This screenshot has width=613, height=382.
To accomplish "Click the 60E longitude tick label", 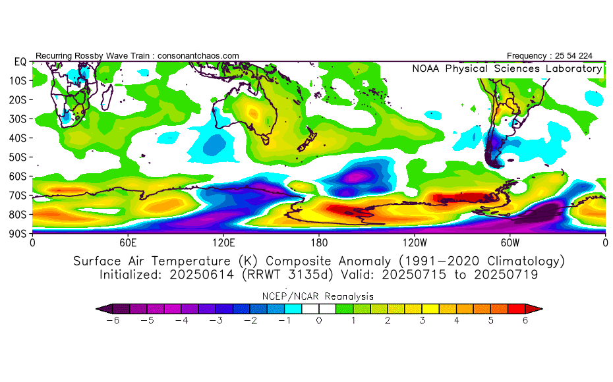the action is click(x=128, y=243).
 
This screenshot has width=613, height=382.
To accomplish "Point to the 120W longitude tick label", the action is click(x=415, y=243).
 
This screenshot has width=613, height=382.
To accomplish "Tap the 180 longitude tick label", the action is click(x=319, y=243).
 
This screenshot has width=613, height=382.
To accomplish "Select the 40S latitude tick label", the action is click(x=18, y=138).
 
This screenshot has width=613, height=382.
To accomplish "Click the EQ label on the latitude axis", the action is click(x=20, y=62).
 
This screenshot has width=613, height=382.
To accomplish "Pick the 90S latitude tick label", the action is click(x=18, y=234).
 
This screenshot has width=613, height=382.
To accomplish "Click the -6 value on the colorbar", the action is click(x=113, y=321).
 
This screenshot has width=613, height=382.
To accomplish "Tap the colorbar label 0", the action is click(x=319, y=321).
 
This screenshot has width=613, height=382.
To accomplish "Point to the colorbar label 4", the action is click(x=456, y=321).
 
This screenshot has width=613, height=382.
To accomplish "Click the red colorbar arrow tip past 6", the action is click(x=542, y=309).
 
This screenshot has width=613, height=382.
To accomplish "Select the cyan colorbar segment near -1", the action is click(x=293, y=309).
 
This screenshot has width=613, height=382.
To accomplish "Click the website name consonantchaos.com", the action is click(x=198, y=56).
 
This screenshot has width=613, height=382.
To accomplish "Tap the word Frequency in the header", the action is click(x=527, y=56).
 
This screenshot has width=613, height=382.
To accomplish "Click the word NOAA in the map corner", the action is click(x=426, y=68).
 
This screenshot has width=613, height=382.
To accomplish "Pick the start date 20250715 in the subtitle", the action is click(x=414, y=275).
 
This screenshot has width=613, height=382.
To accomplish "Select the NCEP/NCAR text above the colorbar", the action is click(x=291, y=296).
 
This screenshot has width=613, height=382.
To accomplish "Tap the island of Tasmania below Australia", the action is click(x=266, y=139).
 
